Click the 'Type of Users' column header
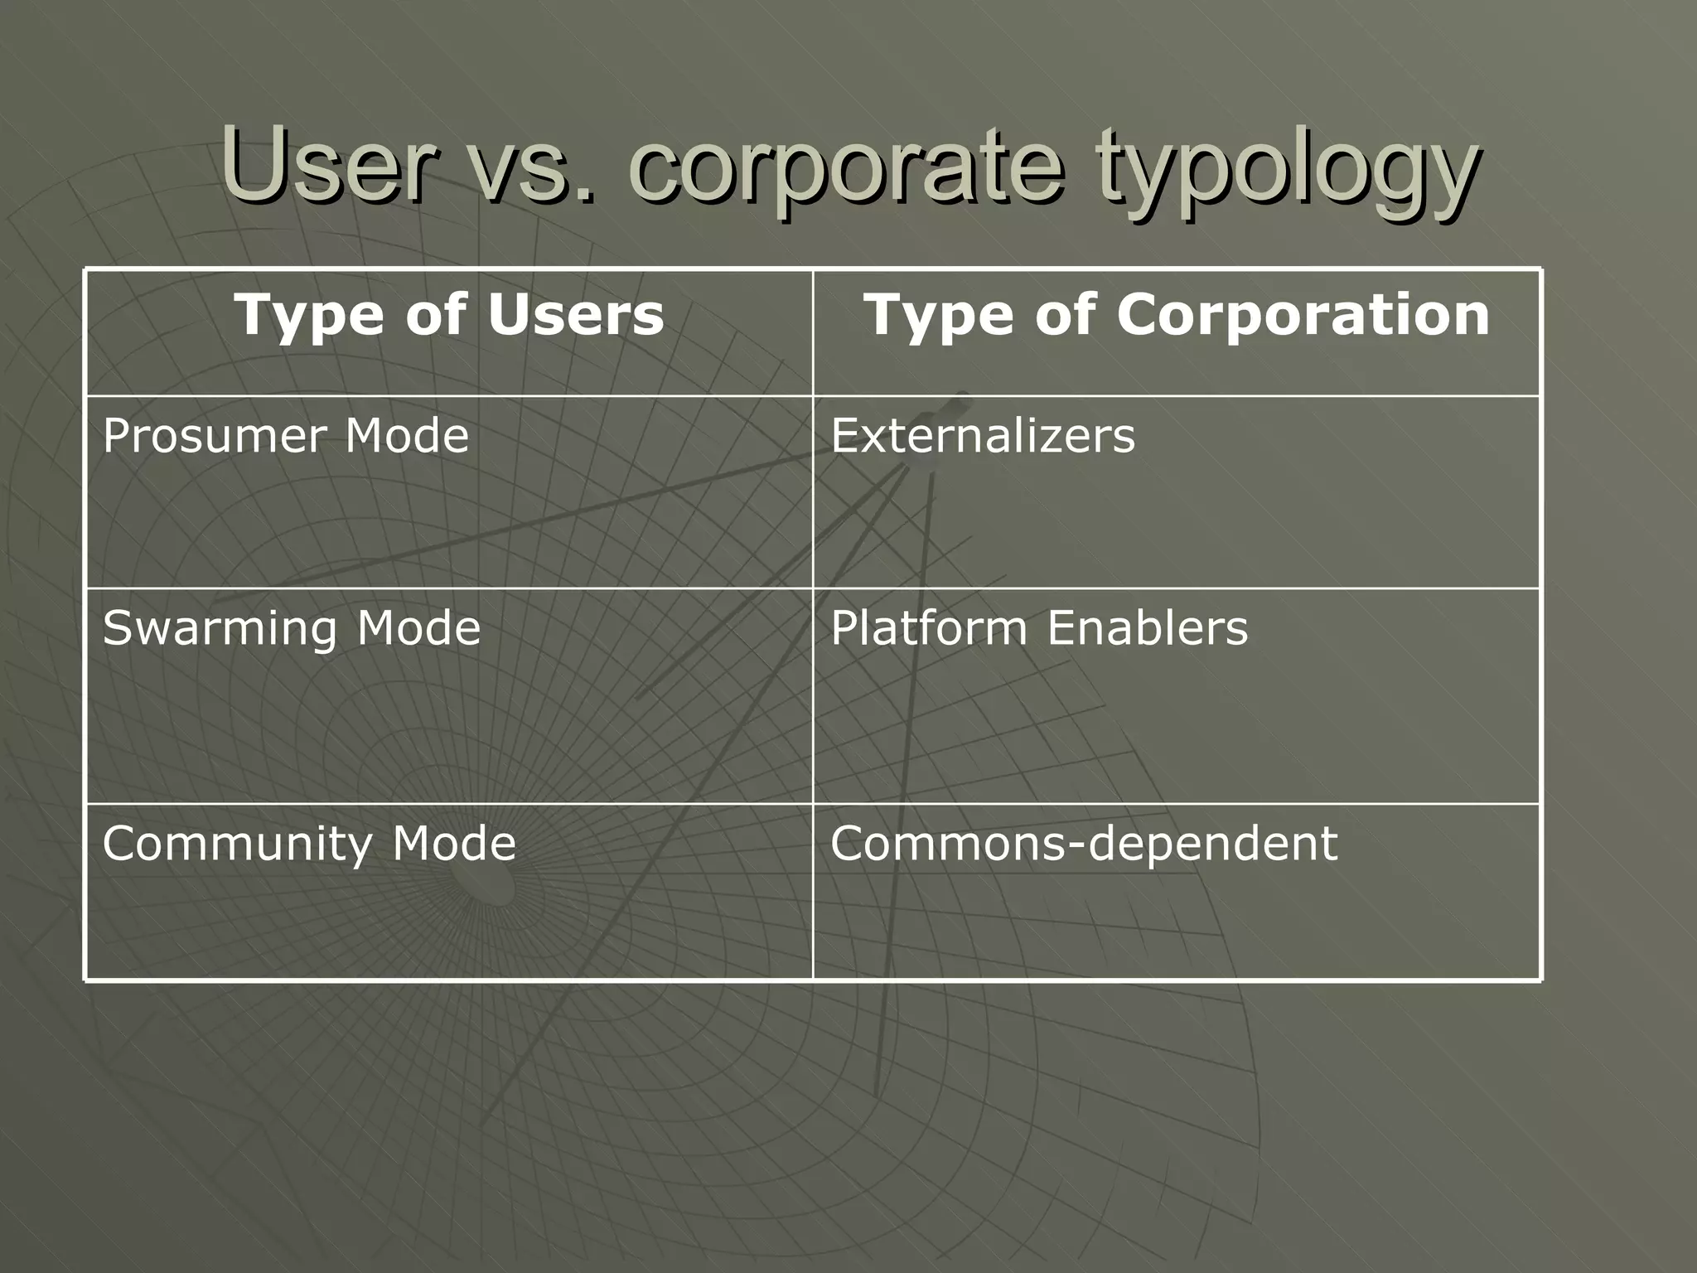(x=448, y=316)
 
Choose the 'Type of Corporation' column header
(x=1177, y=316)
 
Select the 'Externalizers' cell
(x=983, y=436)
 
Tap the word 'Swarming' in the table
(x=220, y=628)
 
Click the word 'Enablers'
(x=1147, y=628)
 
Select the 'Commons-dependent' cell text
(x=1084, y=844)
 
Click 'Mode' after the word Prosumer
(x=408, y=436)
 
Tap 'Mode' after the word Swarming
(x=419, y=628)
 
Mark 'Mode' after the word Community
(x=454, y=844)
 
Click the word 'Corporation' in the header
(x=1303, y=316)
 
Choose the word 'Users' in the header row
(x=576, y=316)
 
